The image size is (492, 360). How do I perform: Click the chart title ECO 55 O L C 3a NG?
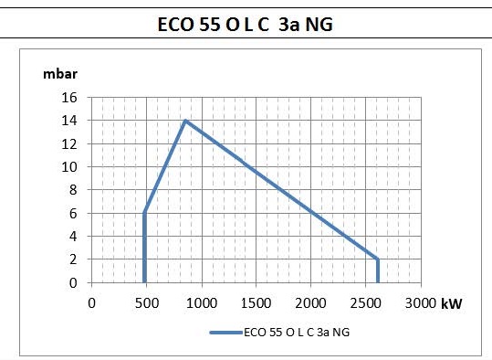[245, 25]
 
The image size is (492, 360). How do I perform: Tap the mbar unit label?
[60, 74]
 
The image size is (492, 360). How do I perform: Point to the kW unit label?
[452, 303]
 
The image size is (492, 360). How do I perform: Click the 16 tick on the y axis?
[69, 98]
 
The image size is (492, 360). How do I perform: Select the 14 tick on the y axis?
[69, 121]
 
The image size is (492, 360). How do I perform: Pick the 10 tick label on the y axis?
[69, 167]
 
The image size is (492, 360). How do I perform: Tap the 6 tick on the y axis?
[73, 214]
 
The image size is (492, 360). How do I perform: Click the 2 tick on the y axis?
[73, 259]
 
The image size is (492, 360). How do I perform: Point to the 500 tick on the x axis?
[147, 303]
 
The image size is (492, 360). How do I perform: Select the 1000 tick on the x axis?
[202, 303]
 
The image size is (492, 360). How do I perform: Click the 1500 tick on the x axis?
[256, 303]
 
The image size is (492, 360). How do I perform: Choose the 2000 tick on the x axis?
[310, 303]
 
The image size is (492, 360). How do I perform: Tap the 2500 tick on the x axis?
[365, 303]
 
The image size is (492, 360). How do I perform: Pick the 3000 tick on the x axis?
[421, 303]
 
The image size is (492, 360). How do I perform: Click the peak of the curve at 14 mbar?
[185, 121]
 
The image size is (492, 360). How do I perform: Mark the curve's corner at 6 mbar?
[144, 213]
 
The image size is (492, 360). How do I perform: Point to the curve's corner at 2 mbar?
[378, 259]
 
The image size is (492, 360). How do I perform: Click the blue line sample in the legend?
[226, 333]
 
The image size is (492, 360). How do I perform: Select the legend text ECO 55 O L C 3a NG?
[297, 333]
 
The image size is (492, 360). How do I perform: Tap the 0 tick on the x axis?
[91, 303]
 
